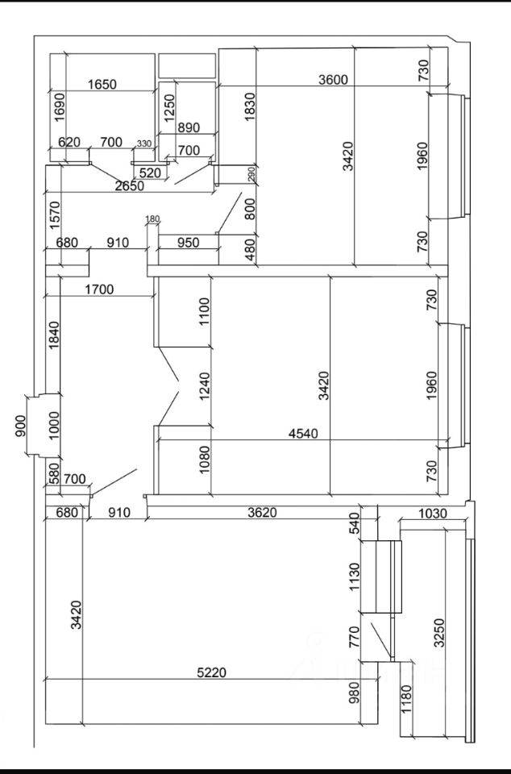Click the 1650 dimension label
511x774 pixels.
coord(102,85)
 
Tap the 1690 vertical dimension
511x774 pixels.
coord(59,107)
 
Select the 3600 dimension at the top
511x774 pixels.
coord(333,80)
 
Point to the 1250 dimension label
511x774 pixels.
coord(169,108)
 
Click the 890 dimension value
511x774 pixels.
coord(188,127)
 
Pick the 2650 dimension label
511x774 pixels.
coord(129,186)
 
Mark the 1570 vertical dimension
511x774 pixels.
coord(55,214)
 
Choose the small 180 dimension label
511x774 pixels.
coord(153,218)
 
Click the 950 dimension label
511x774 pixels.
coord(188,243)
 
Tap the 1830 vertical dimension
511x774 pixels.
coord(250,107)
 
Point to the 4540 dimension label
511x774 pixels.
coord(303,434)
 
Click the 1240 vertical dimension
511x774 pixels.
coord(204,386)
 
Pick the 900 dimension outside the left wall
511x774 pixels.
coord(20,426)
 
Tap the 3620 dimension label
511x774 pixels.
coord(262,513)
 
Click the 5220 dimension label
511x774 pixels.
coord(212,672)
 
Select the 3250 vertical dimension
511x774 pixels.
coord(438,633)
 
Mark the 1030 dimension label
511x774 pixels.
coord(433,514)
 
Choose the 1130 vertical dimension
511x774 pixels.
coord(355,577)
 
